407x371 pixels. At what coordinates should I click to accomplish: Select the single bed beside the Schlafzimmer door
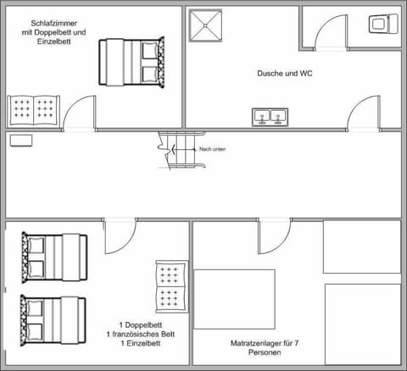point(34,110)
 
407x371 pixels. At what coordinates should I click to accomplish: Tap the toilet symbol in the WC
point(382,24)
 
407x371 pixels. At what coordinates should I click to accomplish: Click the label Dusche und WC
point(285,74)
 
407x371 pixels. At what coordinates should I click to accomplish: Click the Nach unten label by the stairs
point(212,149)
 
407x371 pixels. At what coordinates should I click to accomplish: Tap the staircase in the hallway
point(172,150)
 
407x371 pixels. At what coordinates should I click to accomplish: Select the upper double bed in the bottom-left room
point(53,256)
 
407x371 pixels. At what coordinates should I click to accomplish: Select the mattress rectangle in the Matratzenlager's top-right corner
point(362,247)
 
